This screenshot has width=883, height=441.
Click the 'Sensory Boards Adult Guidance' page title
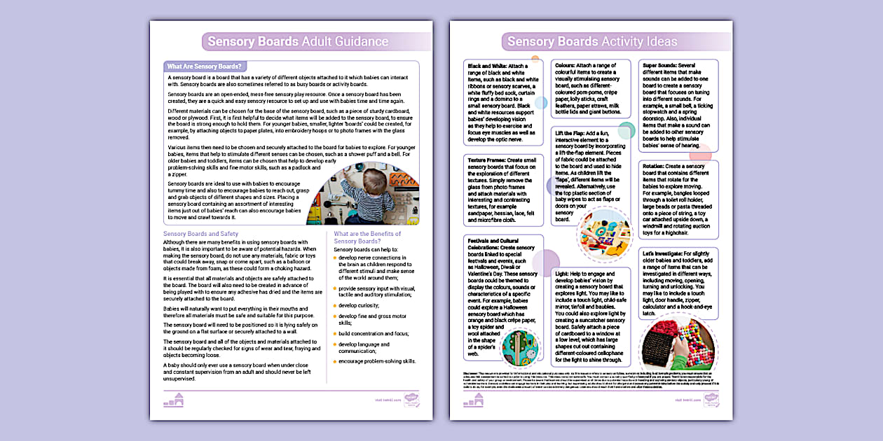[298, 41]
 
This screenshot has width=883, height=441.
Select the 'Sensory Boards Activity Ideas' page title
[592, 41]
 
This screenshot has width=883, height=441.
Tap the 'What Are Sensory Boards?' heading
[205, 66]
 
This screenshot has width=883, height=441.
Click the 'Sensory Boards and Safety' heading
[200, 234]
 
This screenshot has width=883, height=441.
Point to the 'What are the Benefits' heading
[367, 234]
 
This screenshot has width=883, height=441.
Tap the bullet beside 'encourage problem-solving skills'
[335, 361]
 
